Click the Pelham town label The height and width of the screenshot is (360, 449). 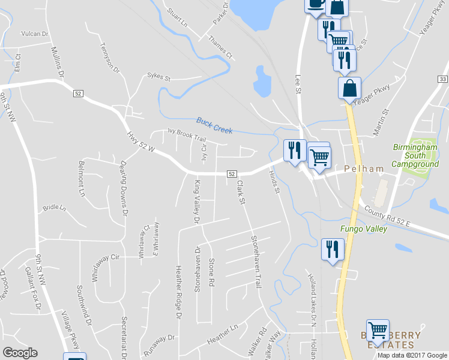click(363, 169)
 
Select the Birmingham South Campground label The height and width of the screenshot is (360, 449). click(415, 155)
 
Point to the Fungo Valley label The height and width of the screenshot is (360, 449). click(364, 229)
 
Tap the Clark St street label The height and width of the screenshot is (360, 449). click(241, 192)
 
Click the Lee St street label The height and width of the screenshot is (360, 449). click(298, 84)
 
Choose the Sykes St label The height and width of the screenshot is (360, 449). click(159, 77)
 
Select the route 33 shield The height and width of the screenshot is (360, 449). click(443, 79)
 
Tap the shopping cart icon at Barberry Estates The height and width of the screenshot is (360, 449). click(378, 329)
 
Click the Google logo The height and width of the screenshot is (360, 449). click(20, 353)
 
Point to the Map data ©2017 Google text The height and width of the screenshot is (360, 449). click(413, 355)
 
